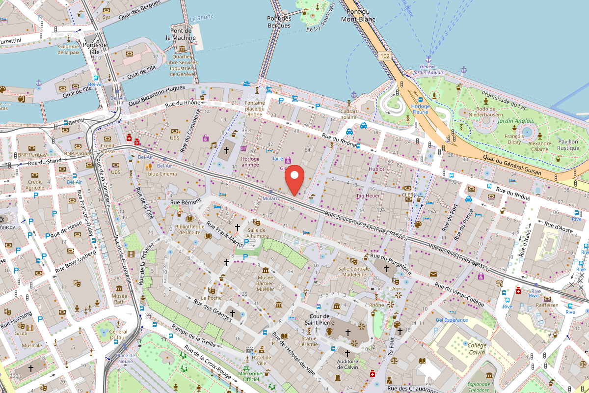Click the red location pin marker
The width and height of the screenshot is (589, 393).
[294, 180]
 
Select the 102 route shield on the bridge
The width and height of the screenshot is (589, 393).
[385, 56]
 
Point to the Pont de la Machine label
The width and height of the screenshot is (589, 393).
[181, 34]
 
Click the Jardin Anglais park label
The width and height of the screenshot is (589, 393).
[515, 120]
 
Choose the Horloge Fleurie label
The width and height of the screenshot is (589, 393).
[421, 109]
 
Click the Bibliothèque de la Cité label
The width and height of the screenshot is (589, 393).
[190, 229]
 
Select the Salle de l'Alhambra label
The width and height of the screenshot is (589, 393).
[258, 233]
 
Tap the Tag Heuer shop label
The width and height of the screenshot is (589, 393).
[368, 196]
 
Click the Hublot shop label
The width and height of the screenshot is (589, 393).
[376, 169]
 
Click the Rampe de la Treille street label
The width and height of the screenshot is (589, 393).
[193, 336]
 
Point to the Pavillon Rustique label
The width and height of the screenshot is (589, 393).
[568, 144]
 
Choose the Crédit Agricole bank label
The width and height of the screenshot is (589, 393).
[35, 185]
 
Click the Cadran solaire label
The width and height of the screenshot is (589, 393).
[349, 114]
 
